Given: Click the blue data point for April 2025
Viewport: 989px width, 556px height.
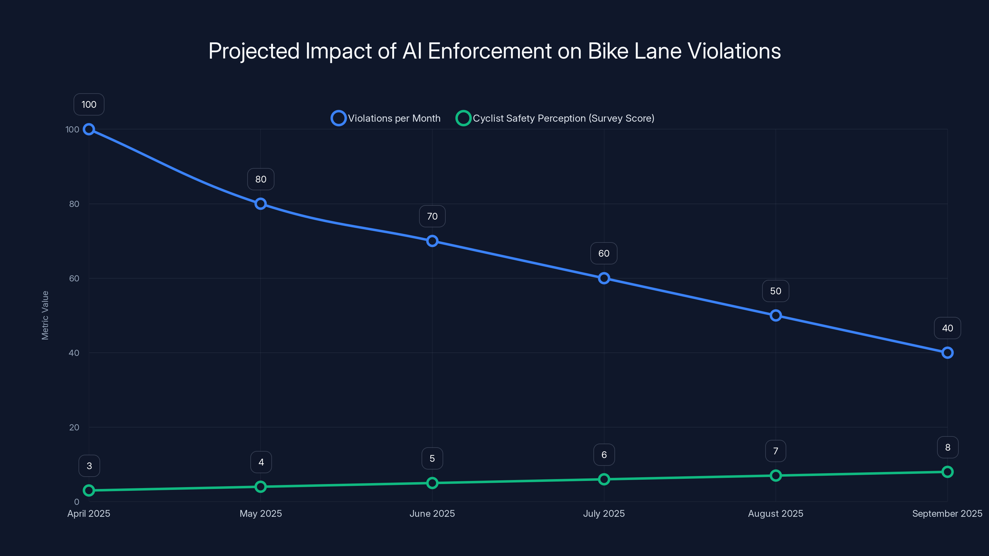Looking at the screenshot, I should pos(89,129).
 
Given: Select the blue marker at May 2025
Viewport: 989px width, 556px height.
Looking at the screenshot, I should pos(261,204).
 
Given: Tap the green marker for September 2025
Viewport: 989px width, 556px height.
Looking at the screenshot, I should pos(947,472).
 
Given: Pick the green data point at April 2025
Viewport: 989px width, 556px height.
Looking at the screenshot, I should pos(89,491).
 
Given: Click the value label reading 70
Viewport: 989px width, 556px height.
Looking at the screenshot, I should pos(432,217).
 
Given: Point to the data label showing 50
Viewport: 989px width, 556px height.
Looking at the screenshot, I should pos(775,291).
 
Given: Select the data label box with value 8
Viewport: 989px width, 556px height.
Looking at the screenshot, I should pos(947,447).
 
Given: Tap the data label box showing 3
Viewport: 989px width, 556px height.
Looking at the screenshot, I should pos(89,466).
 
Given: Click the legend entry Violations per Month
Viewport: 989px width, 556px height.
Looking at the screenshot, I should pos(386,118).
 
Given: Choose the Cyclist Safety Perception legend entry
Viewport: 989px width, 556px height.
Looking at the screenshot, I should pos(555,118).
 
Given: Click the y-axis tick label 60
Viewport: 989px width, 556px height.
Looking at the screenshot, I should pos(74,279).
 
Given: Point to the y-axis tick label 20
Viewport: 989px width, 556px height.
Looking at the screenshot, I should pos(74,428).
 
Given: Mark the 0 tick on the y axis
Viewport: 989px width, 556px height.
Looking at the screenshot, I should pos(76,502).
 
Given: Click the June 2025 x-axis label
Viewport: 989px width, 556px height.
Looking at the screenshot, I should pos(432,513).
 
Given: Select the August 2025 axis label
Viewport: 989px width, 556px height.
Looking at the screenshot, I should pos(775,513).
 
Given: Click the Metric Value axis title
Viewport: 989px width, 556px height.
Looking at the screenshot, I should pos(45,315).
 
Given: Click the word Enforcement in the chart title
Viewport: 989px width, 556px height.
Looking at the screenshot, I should pos(489,51).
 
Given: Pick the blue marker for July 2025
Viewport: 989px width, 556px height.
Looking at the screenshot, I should pos(604,278).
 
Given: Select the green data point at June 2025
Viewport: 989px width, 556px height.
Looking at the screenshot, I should pos(432,483).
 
